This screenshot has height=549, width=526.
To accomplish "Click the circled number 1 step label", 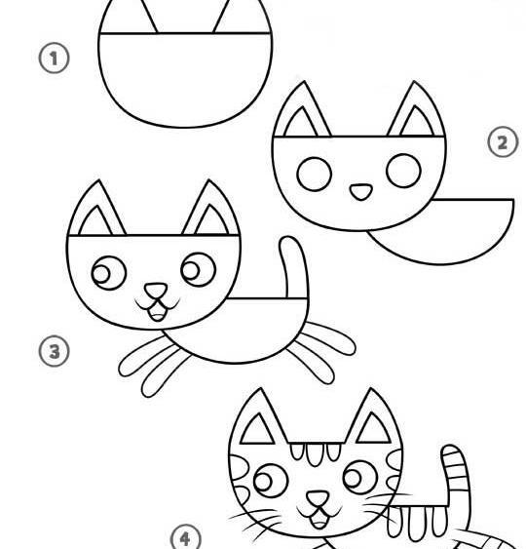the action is [54, 58].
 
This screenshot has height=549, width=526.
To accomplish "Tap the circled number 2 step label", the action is [503, 141].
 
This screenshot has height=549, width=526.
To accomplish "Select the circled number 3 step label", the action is [54, 351].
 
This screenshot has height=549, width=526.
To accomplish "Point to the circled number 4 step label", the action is [186, 537].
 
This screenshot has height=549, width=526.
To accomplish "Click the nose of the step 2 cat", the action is [361, 192].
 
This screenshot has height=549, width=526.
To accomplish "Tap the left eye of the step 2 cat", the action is [314, 174].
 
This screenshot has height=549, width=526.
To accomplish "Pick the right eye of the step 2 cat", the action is [403, 171].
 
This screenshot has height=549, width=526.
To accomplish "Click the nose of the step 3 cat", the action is [156, 291].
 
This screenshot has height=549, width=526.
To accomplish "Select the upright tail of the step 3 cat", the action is [294, 267].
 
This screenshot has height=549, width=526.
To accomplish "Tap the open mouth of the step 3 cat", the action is [157, 312].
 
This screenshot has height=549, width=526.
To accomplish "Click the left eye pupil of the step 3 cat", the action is [101, 273].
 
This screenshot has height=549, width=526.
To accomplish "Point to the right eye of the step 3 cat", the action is [199, 269].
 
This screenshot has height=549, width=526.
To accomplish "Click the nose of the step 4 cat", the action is [318, 498].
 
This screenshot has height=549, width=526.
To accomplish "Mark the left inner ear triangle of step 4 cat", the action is [258, 429].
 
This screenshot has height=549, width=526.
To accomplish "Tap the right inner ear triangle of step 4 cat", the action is [373, 428].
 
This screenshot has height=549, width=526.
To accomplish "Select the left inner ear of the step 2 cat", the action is [301, 123].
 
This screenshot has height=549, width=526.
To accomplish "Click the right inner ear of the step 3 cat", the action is [211, 220].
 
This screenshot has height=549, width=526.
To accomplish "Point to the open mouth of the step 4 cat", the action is [319, 519].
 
